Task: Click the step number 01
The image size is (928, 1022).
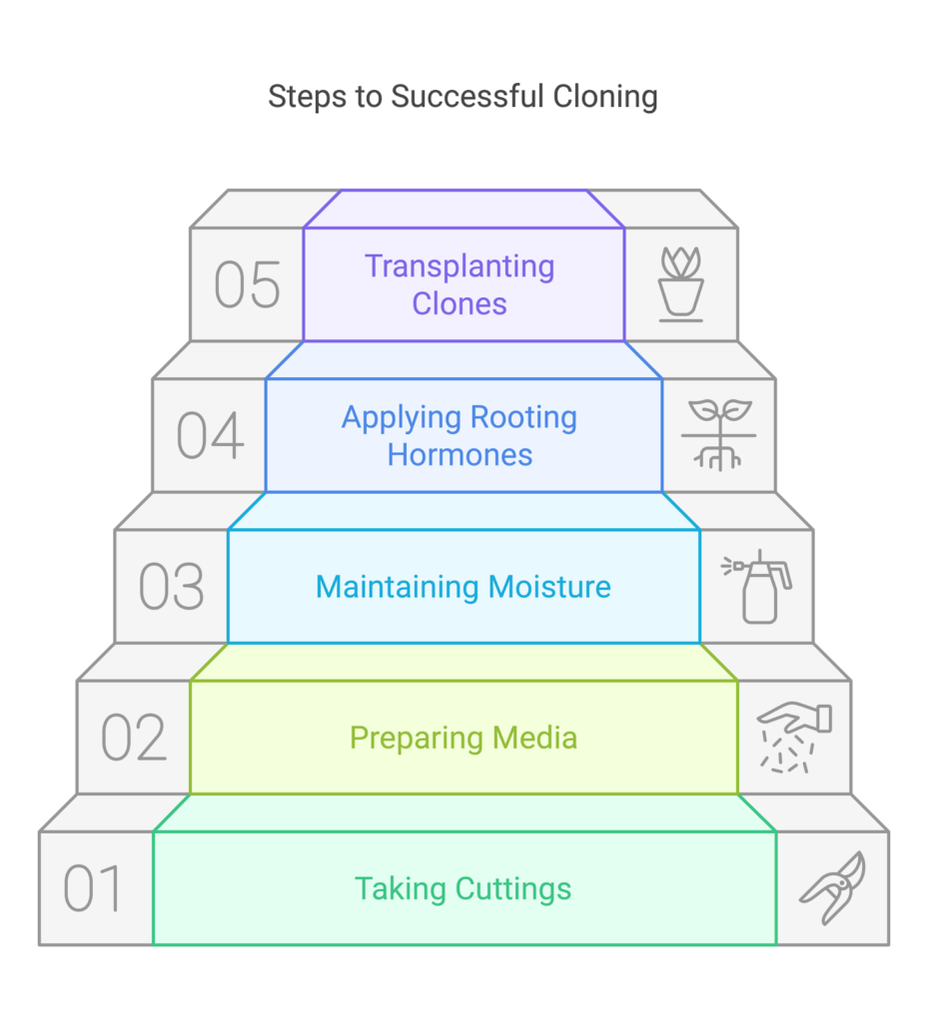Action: pyautogui.click(x=93, y=888)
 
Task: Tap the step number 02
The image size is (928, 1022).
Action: pyautogui.click(x=133, y=738)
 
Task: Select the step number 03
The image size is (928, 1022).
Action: pyautogui.click(x=171, y=587)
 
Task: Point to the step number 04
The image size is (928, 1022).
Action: pyautogui.click(x=210, y=436)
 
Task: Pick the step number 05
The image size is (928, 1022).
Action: pyautogui.click(x=247, y=284)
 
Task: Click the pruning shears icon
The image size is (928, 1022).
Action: pyautogui.click(x=832, y=887)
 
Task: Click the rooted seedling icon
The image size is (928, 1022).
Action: pyautogui.click(x=719, y=435)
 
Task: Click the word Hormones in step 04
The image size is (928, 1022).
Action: pyautogui.click(x=461, y=455)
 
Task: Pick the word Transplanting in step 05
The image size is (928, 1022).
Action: pyautogui.click(x=460, y=266)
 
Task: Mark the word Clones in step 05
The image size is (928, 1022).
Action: pyautogui.click(x=461, y=303)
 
